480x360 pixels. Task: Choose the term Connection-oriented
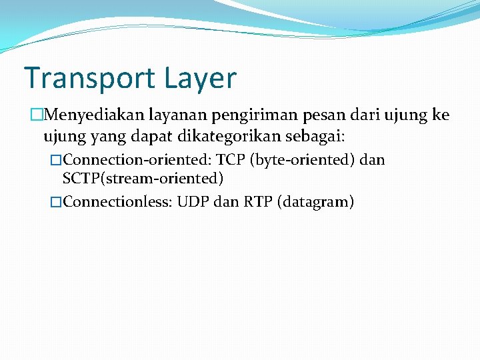tap(137, 160)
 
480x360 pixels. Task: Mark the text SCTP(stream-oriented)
tap(143, 178)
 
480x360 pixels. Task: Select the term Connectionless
tap(117, 201)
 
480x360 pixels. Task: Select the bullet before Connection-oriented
tap(56, 161)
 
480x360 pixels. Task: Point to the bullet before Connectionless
tap(56, 202)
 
